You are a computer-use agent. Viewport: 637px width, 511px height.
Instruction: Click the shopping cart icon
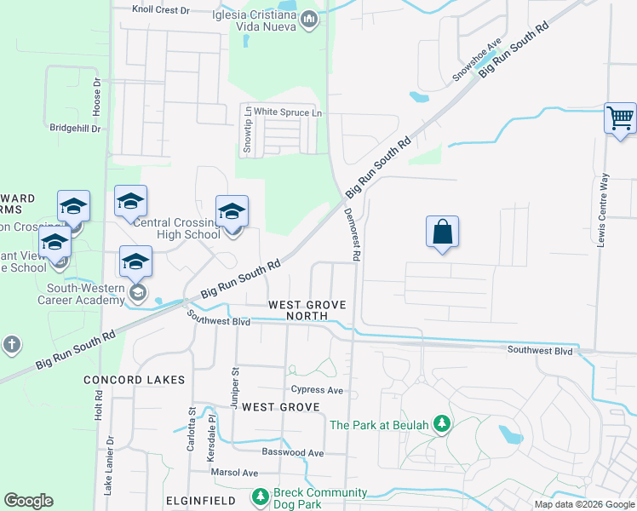(621, 118)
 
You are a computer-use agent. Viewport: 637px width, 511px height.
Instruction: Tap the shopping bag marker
(443, 231)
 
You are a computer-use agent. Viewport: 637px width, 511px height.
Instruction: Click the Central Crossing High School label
(176, 228)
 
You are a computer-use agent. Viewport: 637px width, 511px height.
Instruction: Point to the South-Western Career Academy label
(81, 294)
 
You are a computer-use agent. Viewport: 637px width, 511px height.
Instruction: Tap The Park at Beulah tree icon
(441, 424)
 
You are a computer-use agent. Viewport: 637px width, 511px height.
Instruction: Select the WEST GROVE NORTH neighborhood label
(297, 310)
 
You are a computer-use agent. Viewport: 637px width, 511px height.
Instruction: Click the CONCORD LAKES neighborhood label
(134, 379)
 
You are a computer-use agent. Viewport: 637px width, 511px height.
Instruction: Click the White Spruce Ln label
(289, 112)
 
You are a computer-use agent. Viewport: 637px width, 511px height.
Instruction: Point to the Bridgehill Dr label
(75, 128)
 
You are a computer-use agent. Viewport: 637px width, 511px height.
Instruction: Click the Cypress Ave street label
(317, 390)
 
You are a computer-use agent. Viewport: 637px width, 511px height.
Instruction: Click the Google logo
(29, 501)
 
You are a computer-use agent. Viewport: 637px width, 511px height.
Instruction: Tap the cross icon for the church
(11, 345)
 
